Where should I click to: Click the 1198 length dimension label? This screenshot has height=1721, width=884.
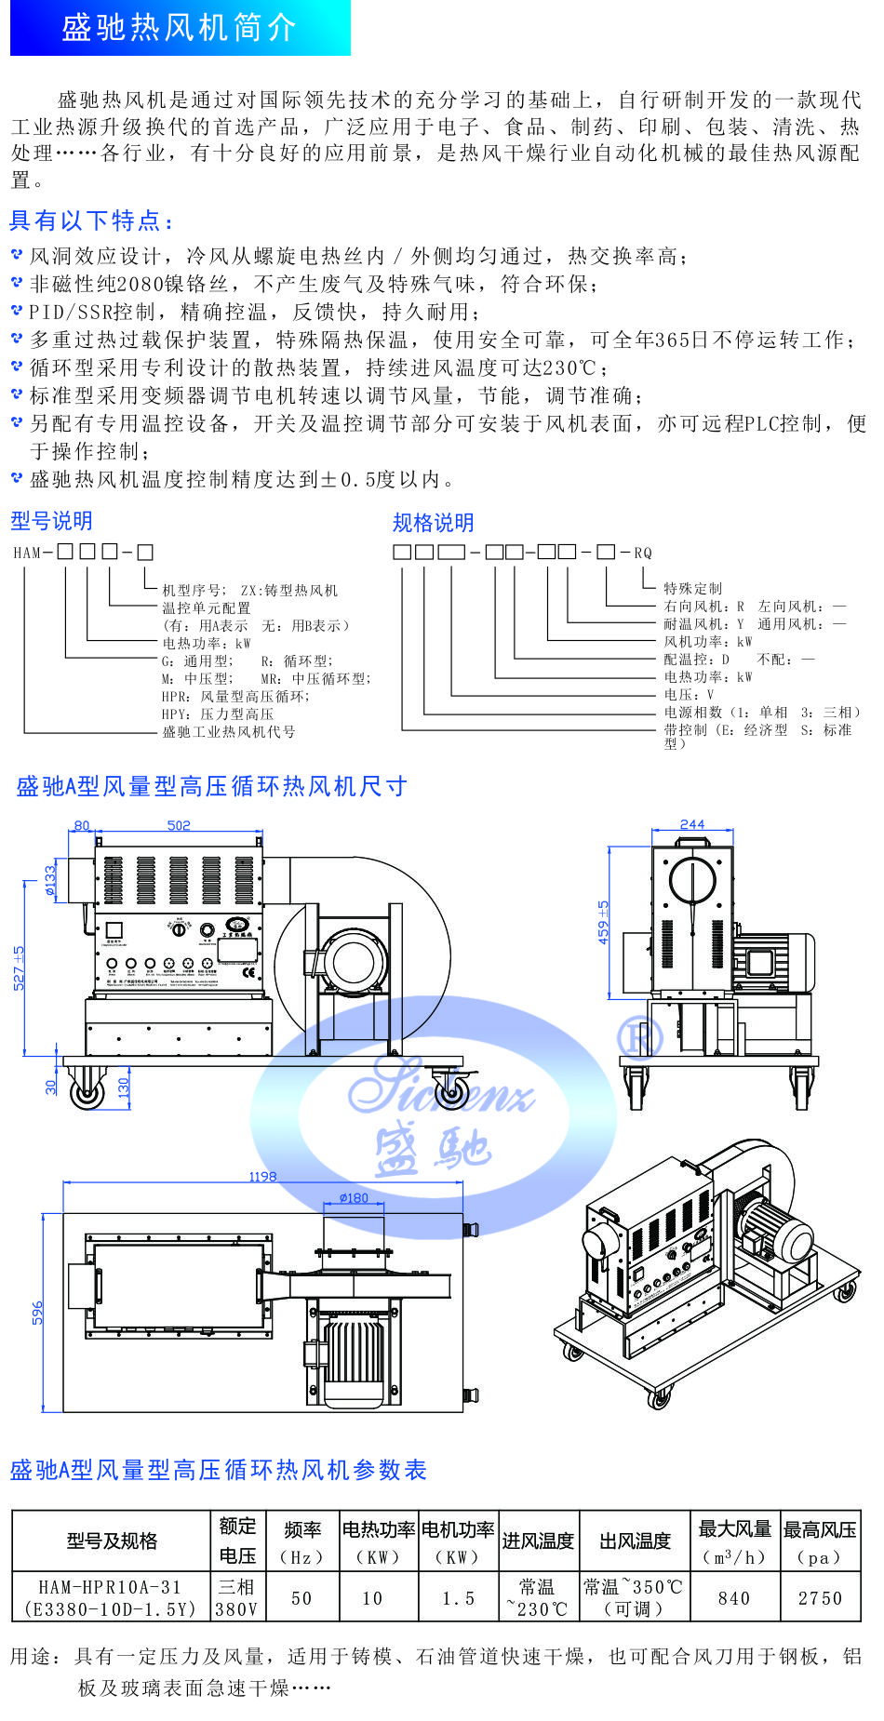tap(262, 1177)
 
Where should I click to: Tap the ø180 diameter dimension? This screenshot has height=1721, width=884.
tap(354, 1198)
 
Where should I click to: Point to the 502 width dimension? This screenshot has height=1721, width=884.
tap(179, 825)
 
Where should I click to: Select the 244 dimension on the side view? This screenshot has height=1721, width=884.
tap(692, 824)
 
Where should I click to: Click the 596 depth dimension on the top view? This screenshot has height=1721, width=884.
tap(37, 1313)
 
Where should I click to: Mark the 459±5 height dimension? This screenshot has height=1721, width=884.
tap(604, 922)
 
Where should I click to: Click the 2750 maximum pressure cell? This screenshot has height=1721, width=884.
tap(820, 1598)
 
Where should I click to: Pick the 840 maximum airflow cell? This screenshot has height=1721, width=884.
tap(734, 1598)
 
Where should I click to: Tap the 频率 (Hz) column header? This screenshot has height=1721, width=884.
tap(301, 1542)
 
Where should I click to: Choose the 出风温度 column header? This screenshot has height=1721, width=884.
tap(635, 1541)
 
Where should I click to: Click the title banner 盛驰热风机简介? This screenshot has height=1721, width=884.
tap(180, 28)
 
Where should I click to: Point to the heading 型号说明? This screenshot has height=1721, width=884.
tap(51, 521)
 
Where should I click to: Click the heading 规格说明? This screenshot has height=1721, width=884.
tap(433, 523)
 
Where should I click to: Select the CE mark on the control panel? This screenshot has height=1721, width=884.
tap(248, 974)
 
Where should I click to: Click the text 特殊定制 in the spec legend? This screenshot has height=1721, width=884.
tap(692, 588)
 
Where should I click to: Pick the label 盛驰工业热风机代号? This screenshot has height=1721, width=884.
tap(229, 732)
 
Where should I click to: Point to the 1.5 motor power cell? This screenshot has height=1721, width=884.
tap(458, 1598)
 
